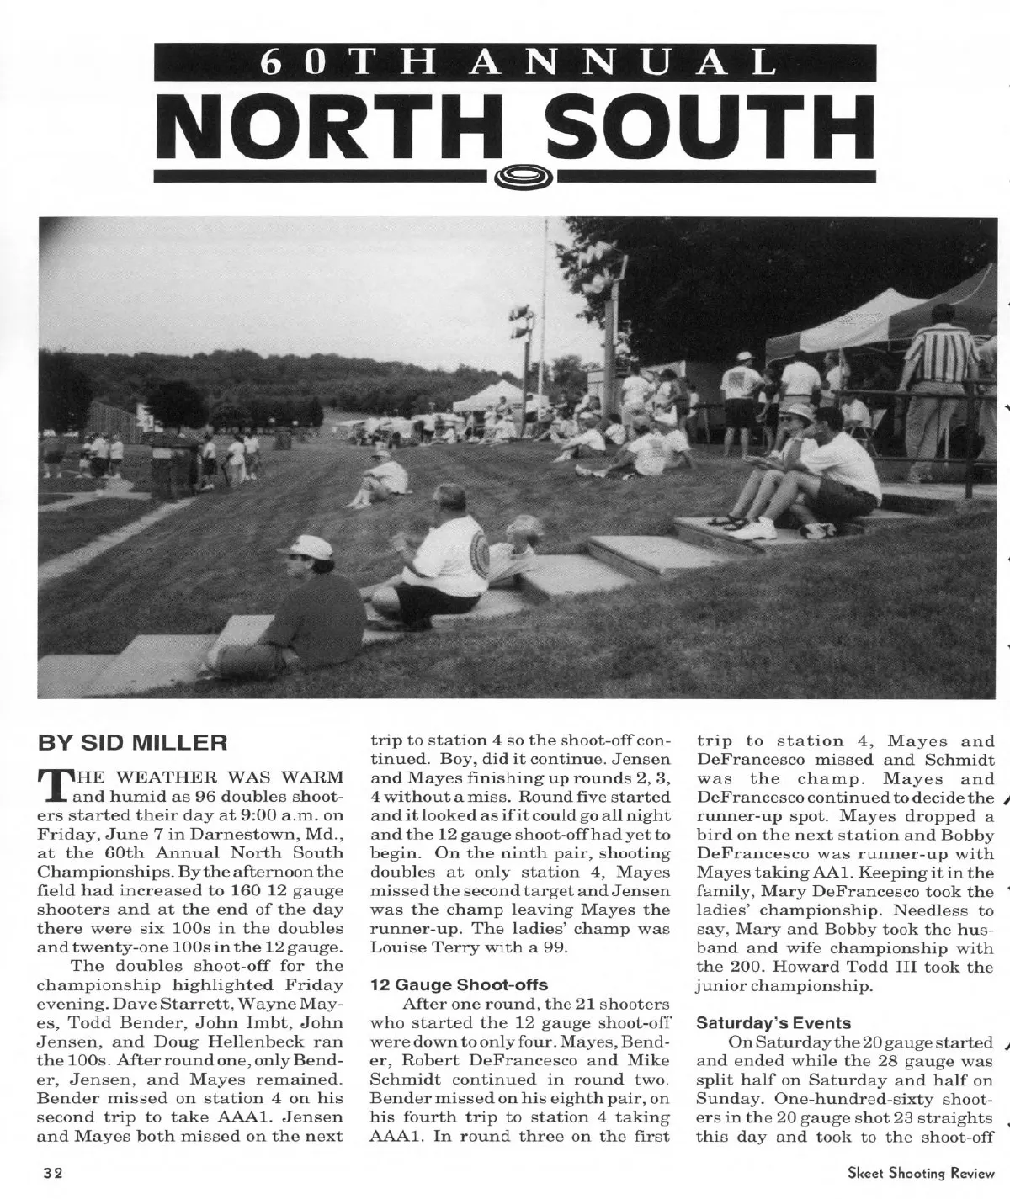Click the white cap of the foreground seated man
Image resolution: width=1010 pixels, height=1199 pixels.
(x=304, y=545)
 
